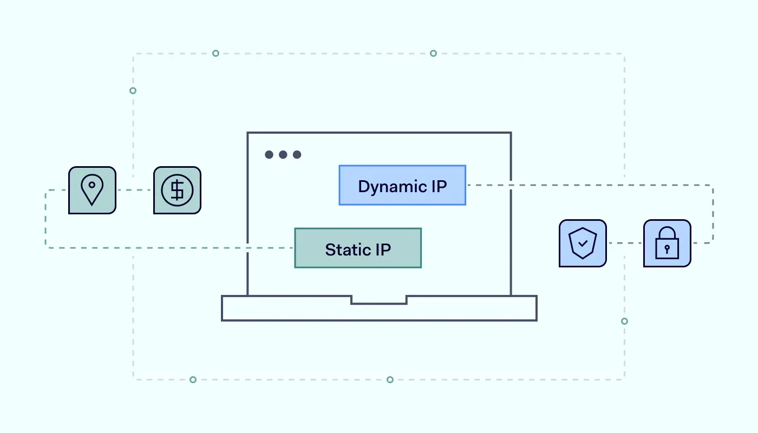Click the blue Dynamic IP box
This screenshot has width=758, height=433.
(402, 185)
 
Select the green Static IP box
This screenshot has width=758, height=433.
(357, 248)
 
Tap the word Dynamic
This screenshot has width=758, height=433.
(385, 187)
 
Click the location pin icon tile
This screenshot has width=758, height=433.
(92, 190)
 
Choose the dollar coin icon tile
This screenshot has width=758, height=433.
(177, 190)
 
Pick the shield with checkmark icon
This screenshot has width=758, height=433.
(583, 243)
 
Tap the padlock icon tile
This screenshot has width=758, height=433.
(667, 243)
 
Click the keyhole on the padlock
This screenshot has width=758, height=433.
(667, 249)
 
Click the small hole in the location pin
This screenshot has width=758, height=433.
(92, 185)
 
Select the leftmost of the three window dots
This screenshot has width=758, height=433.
(269, 155)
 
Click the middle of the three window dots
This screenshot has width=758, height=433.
(283, 155)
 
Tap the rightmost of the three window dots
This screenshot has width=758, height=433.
(297, 155)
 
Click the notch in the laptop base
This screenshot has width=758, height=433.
(379, 299)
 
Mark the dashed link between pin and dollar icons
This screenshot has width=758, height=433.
(135, 190)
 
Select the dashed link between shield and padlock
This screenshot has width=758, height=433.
(625, 243)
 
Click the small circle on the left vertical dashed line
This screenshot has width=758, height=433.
(133, 90)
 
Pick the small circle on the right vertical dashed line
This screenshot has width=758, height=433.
(624, 321)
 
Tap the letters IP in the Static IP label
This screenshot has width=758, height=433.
(382, 250)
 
